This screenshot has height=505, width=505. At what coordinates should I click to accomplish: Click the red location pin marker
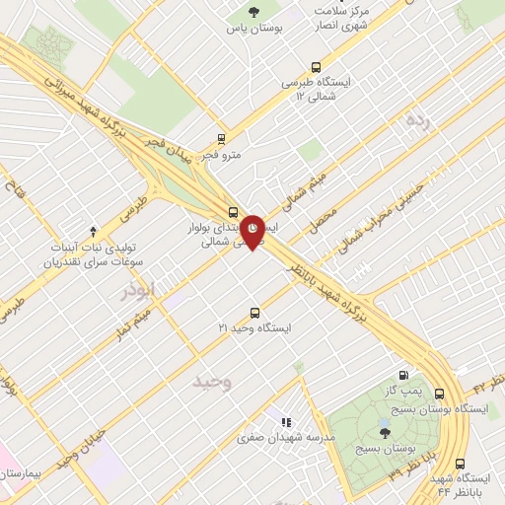point(252,230)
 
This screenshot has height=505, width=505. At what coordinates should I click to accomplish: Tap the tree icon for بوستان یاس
point(255,13)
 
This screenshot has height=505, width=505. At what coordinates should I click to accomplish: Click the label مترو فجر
point(221,155)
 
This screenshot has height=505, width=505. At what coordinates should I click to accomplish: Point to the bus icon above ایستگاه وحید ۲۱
point(255,312)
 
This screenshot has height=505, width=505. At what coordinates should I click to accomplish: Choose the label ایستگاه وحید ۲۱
point(255,327)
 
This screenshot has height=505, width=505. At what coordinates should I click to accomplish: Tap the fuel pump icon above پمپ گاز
point(403,375)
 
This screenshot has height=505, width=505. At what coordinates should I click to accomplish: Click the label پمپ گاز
point(403,391)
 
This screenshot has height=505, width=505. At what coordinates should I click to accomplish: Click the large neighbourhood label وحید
point(211,380)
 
